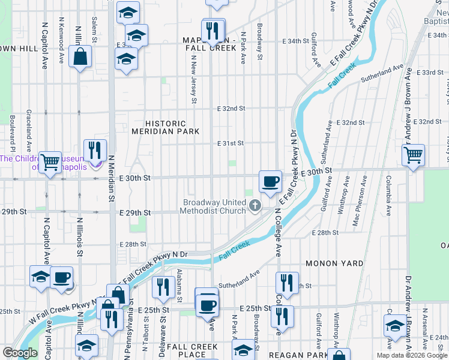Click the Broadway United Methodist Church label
214,206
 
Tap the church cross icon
255,206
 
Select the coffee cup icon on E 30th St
270,181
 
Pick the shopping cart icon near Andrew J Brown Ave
413,154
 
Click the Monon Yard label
334,263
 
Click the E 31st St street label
231,143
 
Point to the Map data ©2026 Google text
411,355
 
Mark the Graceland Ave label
28,130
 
